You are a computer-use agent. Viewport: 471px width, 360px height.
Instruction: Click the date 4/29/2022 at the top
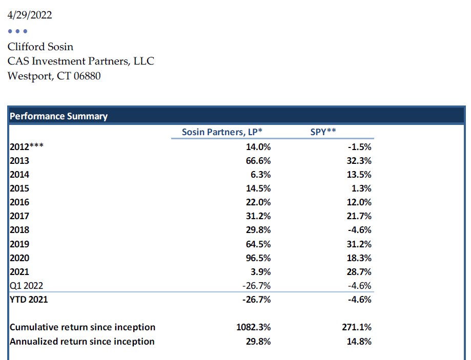click(x=30, y=15)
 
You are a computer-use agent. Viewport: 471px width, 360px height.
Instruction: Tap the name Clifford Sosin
click(x=40, y=47)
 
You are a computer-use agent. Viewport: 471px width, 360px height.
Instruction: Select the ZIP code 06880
click(x=87, y=76)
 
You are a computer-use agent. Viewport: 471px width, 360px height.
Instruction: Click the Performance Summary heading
click(x=58, y=116)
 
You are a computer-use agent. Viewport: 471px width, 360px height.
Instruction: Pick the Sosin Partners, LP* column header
click(x=222, y=132)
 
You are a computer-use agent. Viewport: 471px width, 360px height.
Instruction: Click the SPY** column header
click(x=323, y=132)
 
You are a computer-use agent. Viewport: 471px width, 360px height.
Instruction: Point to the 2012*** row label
click(x=27, y=147)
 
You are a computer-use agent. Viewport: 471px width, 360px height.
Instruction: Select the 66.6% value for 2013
click(x=258, y=161)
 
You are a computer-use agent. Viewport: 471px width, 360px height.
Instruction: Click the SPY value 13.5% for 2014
click(x=359, y=175)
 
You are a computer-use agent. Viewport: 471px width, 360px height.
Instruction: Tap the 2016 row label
click(x=19, y=202)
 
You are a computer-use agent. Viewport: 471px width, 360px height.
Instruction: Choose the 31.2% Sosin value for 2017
click(x=258, y=216)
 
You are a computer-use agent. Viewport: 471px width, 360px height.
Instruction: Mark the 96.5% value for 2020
click(x=258, y=258)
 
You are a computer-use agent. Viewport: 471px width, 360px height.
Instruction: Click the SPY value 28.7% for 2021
click(x=359, y=272)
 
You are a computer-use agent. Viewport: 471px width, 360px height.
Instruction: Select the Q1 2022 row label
click(x=27, y=286)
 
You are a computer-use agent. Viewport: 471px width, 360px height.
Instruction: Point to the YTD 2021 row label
click(x=29, y=300)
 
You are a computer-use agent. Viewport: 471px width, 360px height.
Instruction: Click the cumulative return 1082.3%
click(x=254, y=327)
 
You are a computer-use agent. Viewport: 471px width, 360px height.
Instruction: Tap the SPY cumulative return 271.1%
click(x=357, y=327)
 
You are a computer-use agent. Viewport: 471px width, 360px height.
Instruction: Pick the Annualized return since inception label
click(x=82, y=342)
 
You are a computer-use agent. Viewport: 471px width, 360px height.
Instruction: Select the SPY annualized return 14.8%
click(x=359, y=342)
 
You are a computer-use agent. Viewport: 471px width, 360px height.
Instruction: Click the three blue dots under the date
click(x=18, y=31)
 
